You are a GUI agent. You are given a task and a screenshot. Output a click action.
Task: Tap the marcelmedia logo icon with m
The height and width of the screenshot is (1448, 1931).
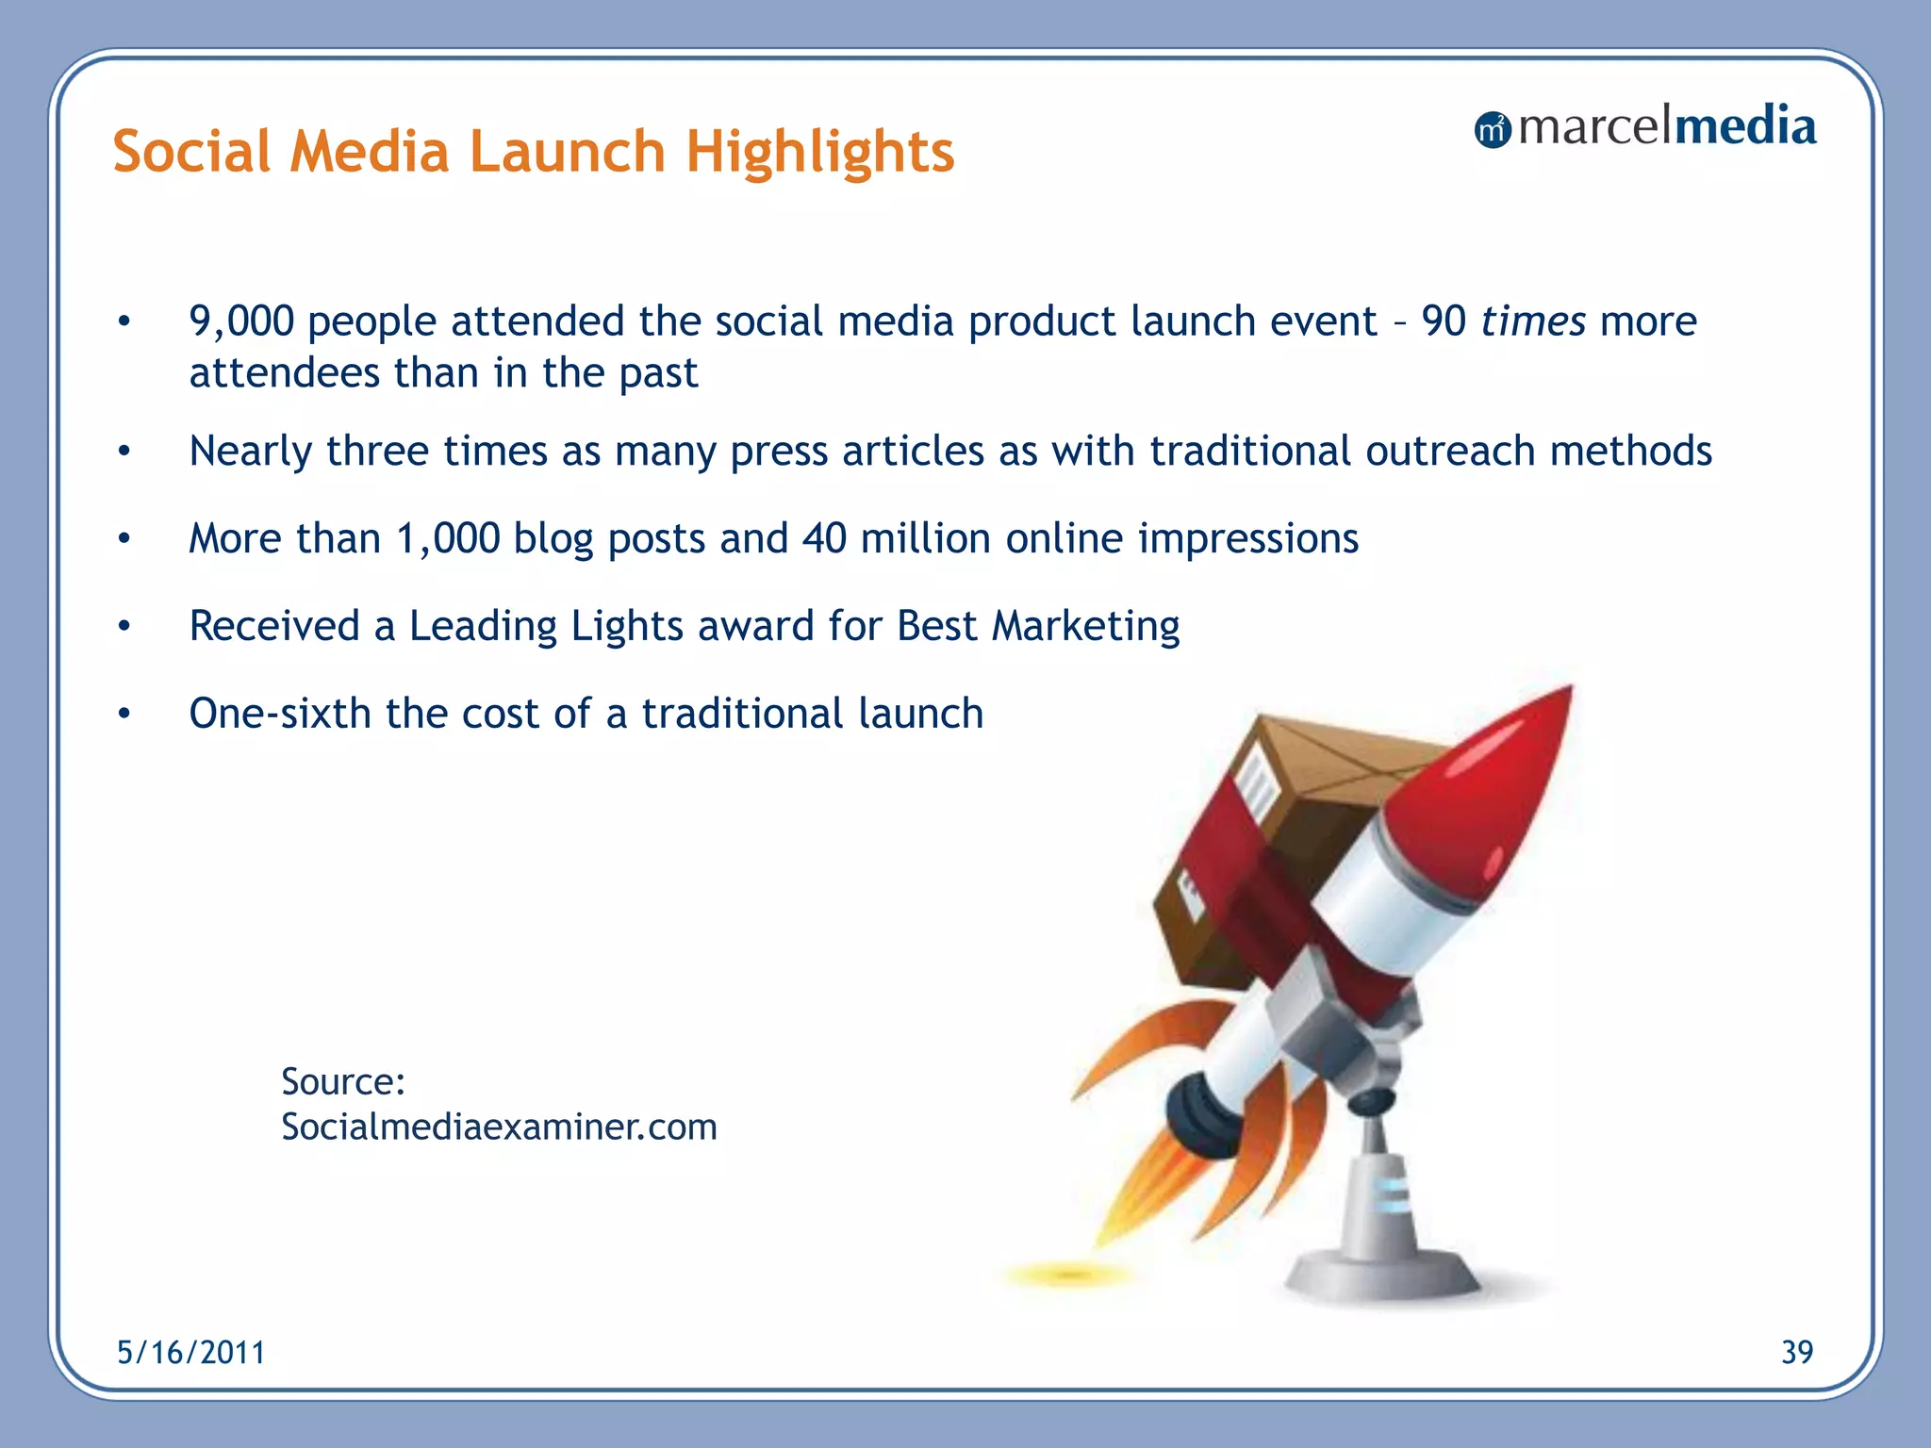click(x=1492, y=130)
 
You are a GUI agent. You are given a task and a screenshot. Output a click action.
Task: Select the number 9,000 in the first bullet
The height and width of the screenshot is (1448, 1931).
click(x=241, y=321)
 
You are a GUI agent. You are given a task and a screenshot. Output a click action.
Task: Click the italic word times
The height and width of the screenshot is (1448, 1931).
click(x=1532, y=321)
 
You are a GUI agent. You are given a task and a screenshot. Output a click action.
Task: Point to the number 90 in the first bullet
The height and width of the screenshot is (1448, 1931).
click(x=1444, y=321)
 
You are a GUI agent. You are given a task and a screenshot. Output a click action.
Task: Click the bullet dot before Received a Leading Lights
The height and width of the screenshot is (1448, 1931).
click(x=124, y=626)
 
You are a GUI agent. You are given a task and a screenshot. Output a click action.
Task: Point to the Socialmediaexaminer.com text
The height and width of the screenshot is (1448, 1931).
click(x=499, y=1127)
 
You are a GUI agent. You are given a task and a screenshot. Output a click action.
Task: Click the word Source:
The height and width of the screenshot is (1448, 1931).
click(x=343, y=1081)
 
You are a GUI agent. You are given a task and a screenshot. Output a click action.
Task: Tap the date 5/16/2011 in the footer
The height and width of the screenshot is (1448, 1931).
click(x=191, y=1353)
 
